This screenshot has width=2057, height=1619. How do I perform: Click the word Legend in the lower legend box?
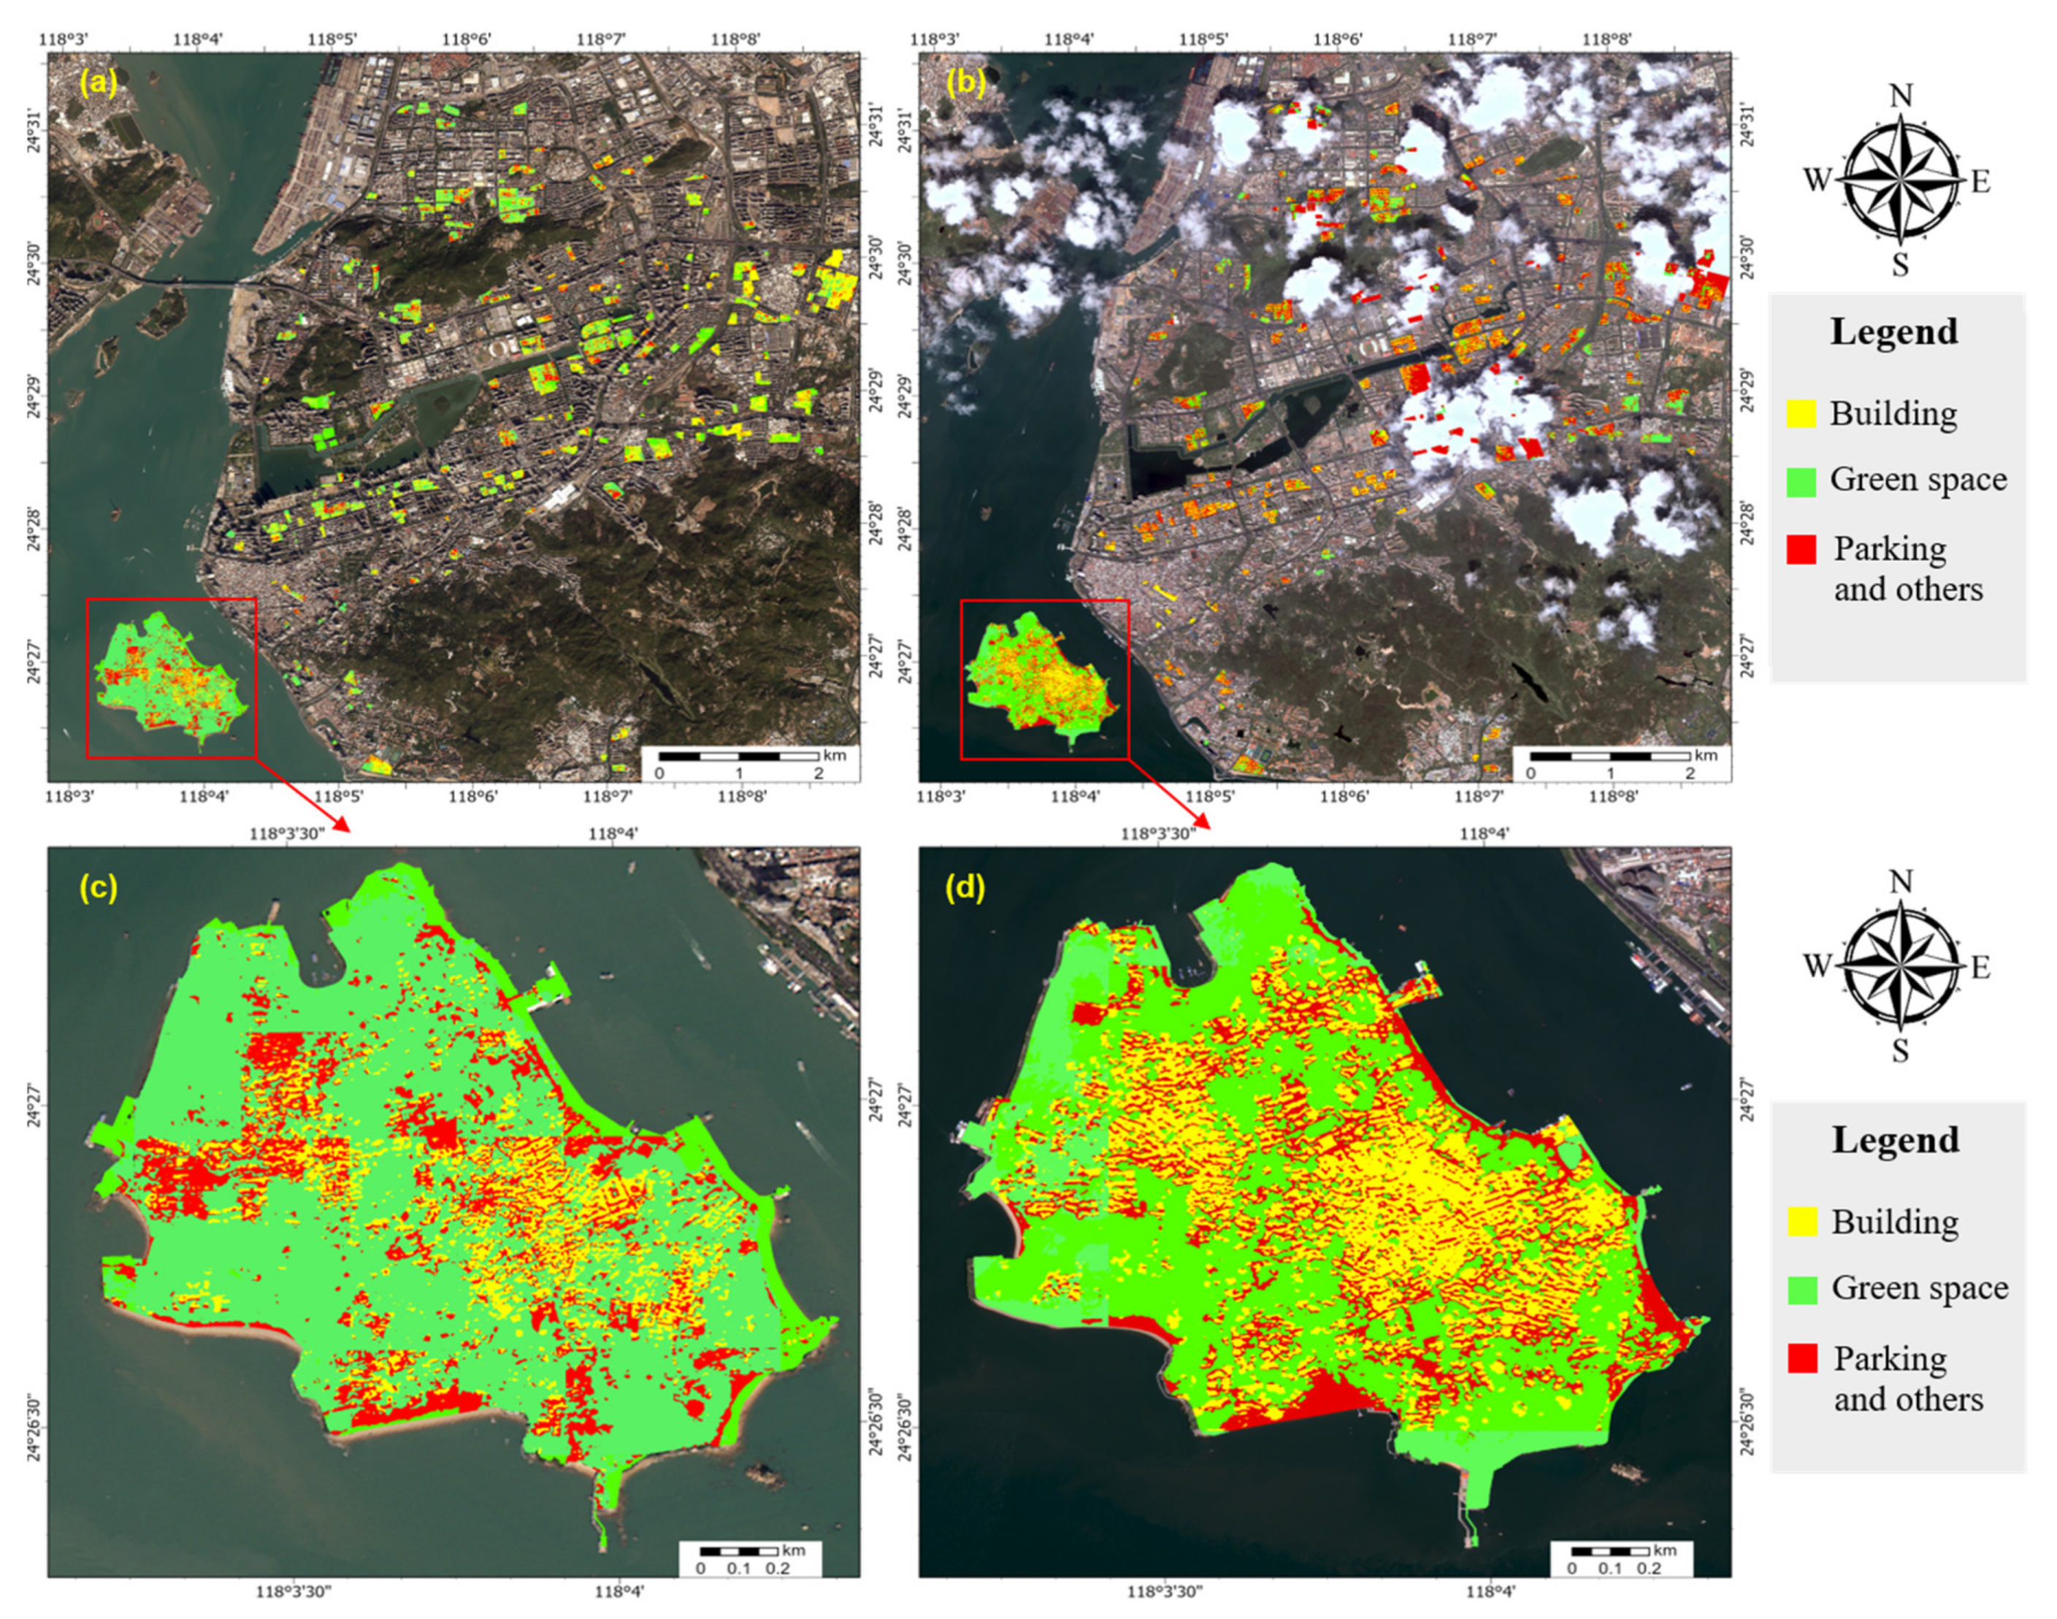(x=1894, y=1139)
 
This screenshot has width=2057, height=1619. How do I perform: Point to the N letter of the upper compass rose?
(x=1900, y=96)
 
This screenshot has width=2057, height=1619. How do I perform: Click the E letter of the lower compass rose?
(x=1980, y=968)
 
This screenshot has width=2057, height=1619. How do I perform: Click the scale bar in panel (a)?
(x=738, y=757)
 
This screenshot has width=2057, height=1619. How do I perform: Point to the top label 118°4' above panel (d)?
(x=1485, y=833)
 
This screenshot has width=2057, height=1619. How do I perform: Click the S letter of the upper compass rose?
(x=1900, y=264)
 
